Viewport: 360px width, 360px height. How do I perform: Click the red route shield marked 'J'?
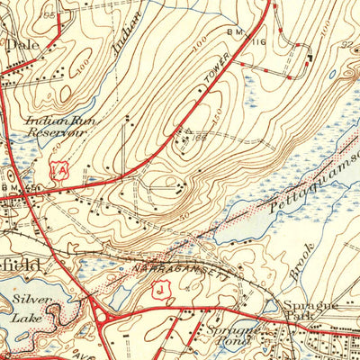point(160,288)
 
